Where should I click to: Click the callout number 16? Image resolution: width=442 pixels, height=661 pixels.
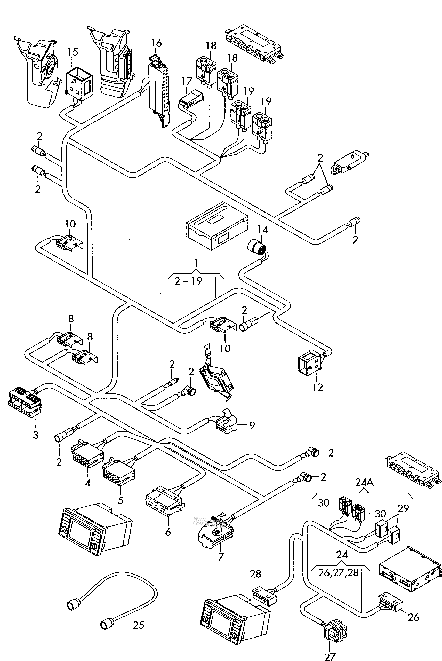point(156,43)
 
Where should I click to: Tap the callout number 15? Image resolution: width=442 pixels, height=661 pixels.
point(73,52)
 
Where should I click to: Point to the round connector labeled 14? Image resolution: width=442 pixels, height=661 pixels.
point(256,246)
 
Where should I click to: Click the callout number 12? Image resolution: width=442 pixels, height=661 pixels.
point(317,387)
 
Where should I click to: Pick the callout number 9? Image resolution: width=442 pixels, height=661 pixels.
point(252,425)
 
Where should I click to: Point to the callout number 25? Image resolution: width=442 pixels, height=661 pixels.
point(138,625)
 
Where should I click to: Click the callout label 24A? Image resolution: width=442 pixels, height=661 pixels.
point(364,483)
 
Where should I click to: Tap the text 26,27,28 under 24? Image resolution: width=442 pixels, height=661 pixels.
point(338,573)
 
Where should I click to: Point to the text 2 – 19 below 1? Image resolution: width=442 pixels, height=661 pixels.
point(188,281)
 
